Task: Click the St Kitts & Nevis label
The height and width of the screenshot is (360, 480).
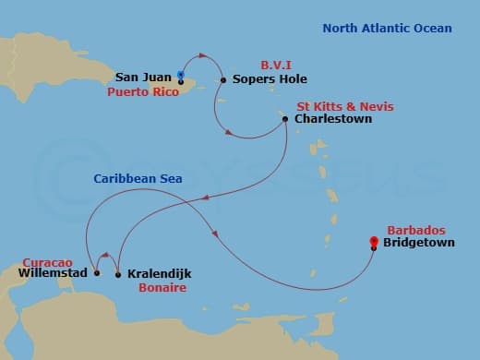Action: [x=344, y=106]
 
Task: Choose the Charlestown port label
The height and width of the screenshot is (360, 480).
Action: [x=332, y=119]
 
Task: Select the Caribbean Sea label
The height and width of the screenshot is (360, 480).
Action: [x=138, y=177]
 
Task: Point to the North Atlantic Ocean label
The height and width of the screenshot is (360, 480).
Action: [x=387, y=29]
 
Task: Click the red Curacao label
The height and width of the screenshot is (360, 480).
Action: [x=42, y=260]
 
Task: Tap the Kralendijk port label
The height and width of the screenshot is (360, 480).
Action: [x=162, y=274]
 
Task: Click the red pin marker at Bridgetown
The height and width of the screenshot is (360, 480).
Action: [x=373, y=244]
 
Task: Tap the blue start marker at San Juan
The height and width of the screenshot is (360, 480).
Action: [x=181, y=74]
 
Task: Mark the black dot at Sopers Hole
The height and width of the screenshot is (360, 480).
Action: [x=223, y=80]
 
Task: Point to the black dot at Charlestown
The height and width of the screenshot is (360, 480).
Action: [x=286, y=119]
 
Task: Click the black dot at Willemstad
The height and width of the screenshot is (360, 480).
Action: [x=97, y=273]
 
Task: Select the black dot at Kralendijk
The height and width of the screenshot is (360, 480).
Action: [x=118, y=274]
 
